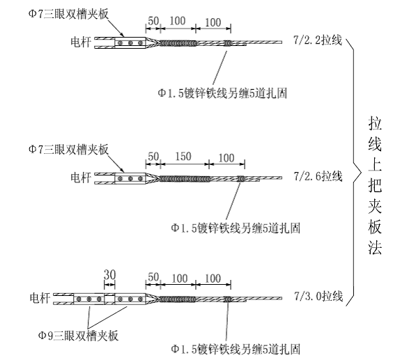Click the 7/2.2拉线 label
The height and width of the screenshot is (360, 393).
click(318, 40)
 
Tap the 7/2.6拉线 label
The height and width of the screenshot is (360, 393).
click(318, 176)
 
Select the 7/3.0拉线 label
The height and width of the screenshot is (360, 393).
click(318, 296)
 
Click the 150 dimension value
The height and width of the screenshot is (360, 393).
click(183, 157)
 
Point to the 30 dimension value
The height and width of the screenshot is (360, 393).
click(109, 275)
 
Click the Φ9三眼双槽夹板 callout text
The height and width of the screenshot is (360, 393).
click(78, 336)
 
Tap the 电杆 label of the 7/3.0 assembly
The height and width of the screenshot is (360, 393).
click(40, 298)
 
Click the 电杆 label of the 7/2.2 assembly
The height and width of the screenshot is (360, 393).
click(80, 42)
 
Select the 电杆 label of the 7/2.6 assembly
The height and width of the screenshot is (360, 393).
click(80, 178)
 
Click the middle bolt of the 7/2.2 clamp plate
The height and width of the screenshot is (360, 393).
click(130, 43)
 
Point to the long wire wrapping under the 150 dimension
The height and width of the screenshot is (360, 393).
click(185, 179)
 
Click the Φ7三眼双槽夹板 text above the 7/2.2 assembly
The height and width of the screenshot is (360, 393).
click(68, 14)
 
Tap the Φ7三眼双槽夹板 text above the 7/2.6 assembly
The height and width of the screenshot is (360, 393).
click(68, 149)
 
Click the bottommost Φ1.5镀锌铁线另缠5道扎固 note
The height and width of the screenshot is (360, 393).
click(236, 349)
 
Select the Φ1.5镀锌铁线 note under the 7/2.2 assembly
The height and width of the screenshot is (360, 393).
click(222, 93)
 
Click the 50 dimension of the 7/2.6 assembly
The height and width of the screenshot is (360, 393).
click(153, 157)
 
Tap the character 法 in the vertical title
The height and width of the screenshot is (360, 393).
click(375, 247)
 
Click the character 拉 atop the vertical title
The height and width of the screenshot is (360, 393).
click(375, 124)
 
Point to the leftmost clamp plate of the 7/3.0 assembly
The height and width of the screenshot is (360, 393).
click(88, 299)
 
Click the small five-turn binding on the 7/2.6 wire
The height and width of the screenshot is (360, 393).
click(241, 179)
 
